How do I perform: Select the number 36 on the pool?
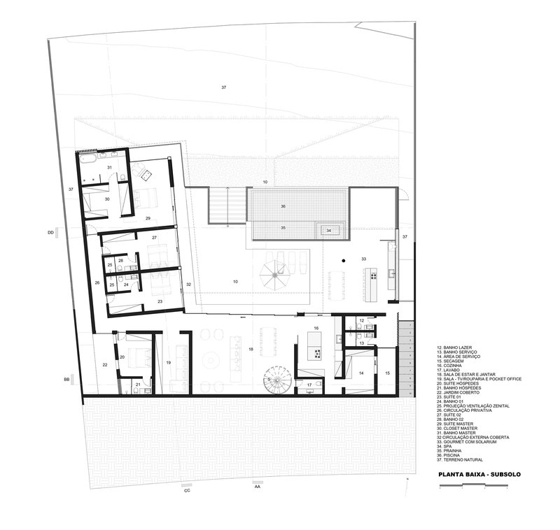283,206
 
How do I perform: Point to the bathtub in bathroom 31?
86,161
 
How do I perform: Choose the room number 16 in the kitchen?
316,328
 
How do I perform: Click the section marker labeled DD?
50,231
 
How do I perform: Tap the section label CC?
187,490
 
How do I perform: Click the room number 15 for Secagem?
387,373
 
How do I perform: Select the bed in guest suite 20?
136,349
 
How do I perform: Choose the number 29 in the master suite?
148,218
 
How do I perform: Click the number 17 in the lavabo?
309,385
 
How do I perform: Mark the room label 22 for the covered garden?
105,364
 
